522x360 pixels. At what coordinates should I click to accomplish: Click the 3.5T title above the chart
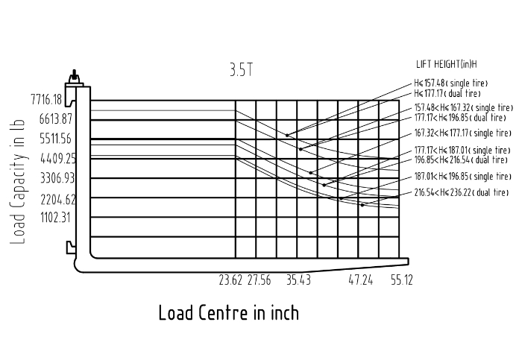tap(242, 70)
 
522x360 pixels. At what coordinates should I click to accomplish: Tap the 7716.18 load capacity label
tap(46, 99)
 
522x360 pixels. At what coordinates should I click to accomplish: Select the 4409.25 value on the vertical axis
tap(58, 158)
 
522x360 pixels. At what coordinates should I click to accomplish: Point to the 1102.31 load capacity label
tap(56, 218)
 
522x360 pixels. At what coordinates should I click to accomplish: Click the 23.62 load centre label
tap(230, 280)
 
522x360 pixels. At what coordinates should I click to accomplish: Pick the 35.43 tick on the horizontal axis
tap(298, 280)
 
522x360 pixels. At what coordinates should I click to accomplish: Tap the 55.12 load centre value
tap(402, 280)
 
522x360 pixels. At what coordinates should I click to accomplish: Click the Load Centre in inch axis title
tap(229, 313)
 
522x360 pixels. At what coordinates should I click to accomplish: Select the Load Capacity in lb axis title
tap(18, 182)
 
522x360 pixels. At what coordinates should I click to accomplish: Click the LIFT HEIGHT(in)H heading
tap(447, 64)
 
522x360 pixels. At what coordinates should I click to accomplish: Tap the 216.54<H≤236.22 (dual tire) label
tap(462, 192)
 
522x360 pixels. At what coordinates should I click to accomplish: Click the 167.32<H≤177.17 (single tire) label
tap(462, 133)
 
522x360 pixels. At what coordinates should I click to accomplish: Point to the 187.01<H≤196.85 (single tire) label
tap(462, 176)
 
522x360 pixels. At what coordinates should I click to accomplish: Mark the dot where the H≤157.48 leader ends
tap(287, 136)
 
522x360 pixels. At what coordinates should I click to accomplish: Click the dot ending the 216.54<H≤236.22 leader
tap(362, 205)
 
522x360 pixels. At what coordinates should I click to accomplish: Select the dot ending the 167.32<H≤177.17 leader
tap(311, 173)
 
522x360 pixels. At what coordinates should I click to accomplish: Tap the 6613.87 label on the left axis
tap(56, 119)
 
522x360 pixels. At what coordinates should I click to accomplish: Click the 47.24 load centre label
tap(361, 280)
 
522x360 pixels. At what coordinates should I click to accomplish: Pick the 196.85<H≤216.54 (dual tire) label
tap(461, 160)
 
